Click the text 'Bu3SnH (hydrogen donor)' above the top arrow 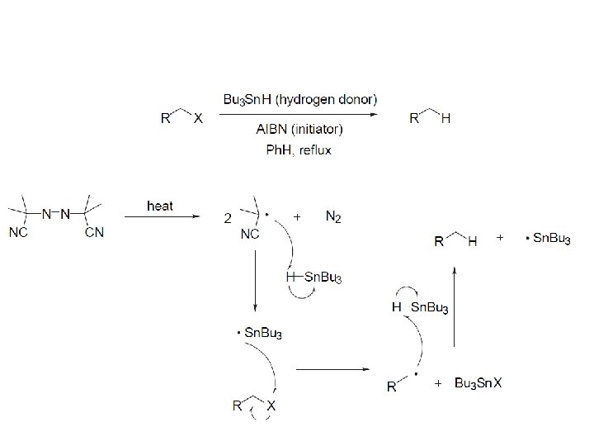pos(300,99)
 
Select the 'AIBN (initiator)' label pos(300,129)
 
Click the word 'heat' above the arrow pos(159,206)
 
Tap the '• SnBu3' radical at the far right pos(548,240)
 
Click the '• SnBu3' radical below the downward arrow pos(260,333)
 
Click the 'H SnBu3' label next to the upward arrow pos(420,307)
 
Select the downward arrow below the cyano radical pos(255,281)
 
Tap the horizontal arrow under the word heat pos(162,217)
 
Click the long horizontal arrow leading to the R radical pos(334,369)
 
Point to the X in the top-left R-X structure pos(197,118)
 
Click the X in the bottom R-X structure pos(271,406)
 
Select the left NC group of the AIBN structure pos(20,232)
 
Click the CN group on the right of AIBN pos(94,232)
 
